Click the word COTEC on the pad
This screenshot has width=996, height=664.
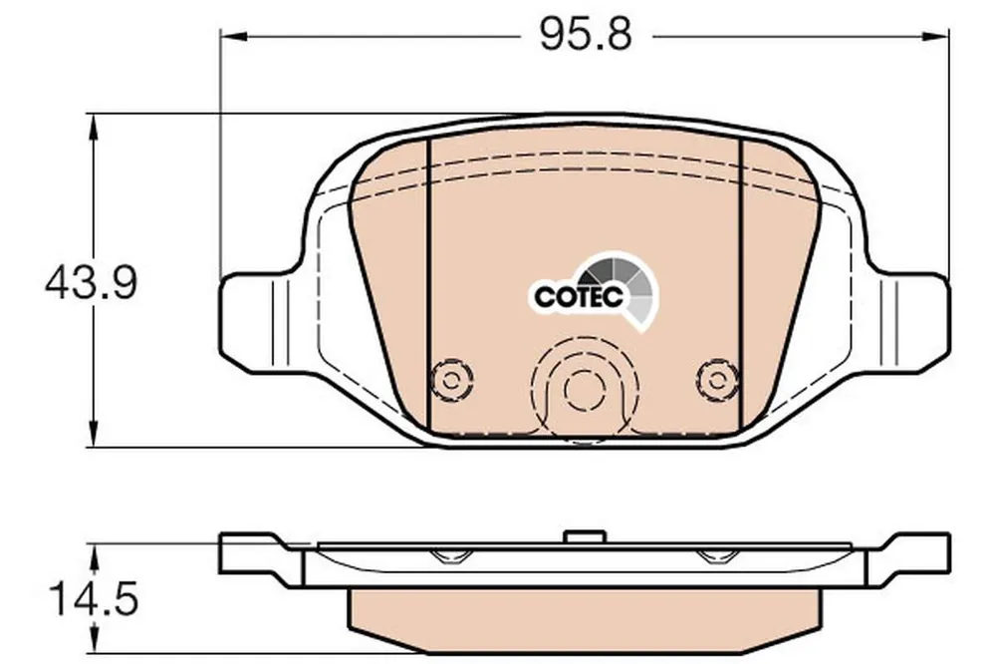(578, 296)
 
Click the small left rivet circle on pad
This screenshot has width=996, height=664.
(451, 381)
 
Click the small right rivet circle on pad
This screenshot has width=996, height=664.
(718, 381)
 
